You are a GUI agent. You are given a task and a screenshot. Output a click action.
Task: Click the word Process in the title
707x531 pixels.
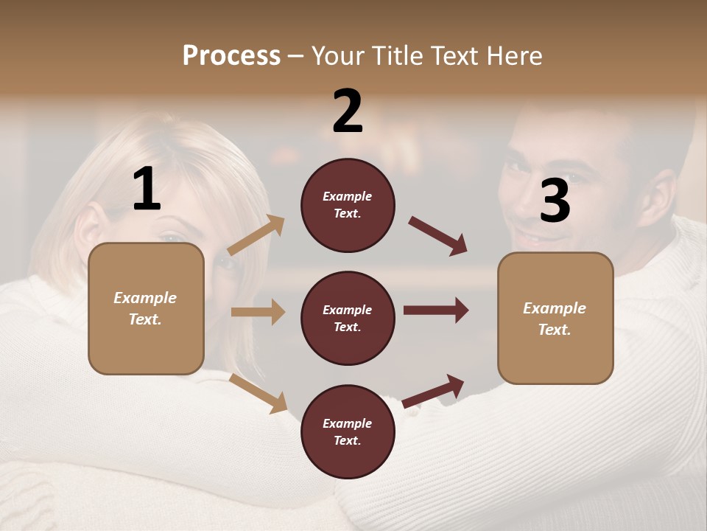[x=231, y=55]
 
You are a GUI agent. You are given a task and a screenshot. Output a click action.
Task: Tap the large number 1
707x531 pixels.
[x=147, y=189]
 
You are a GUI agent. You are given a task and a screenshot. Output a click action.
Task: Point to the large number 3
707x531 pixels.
[x=555, y=201]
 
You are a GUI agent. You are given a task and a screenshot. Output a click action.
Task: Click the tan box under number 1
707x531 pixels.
[x=146, y=308]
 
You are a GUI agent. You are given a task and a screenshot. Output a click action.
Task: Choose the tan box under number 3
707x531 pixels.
[x=555, y=318]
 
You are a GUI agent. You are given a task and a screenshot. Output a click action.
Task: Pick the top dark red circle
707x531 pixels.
[x=348, y=205]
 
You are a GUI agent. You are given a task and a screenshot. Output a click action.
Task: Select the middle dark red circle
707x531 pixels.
[x=348, y=318]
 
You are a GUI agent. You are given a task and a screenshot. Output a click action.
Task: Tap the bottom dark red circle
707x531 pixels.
[x=348, y=431]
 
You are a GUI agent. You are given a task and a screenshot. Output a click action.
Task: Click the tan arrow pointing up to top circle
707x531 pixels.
[x=256, y=235]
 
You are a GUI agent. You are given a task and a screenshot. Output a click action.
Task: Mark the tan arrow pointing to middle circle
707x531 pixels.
[x=258, y=312]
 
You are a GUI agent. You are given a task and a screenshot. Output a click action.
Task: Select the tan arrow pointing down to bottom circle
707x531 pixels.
[x=258, y=393]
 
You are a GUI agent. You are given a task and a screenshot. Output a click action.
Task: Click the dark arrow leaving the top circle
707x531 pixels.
[x=438, y=237]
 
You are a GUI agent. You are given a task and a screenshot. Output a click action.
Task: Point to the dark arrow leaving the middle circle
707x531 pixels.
[x=436, y=310]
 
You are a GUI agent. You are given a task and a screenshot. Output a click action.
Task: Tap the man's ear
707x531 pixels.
[x=666, y=193]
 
